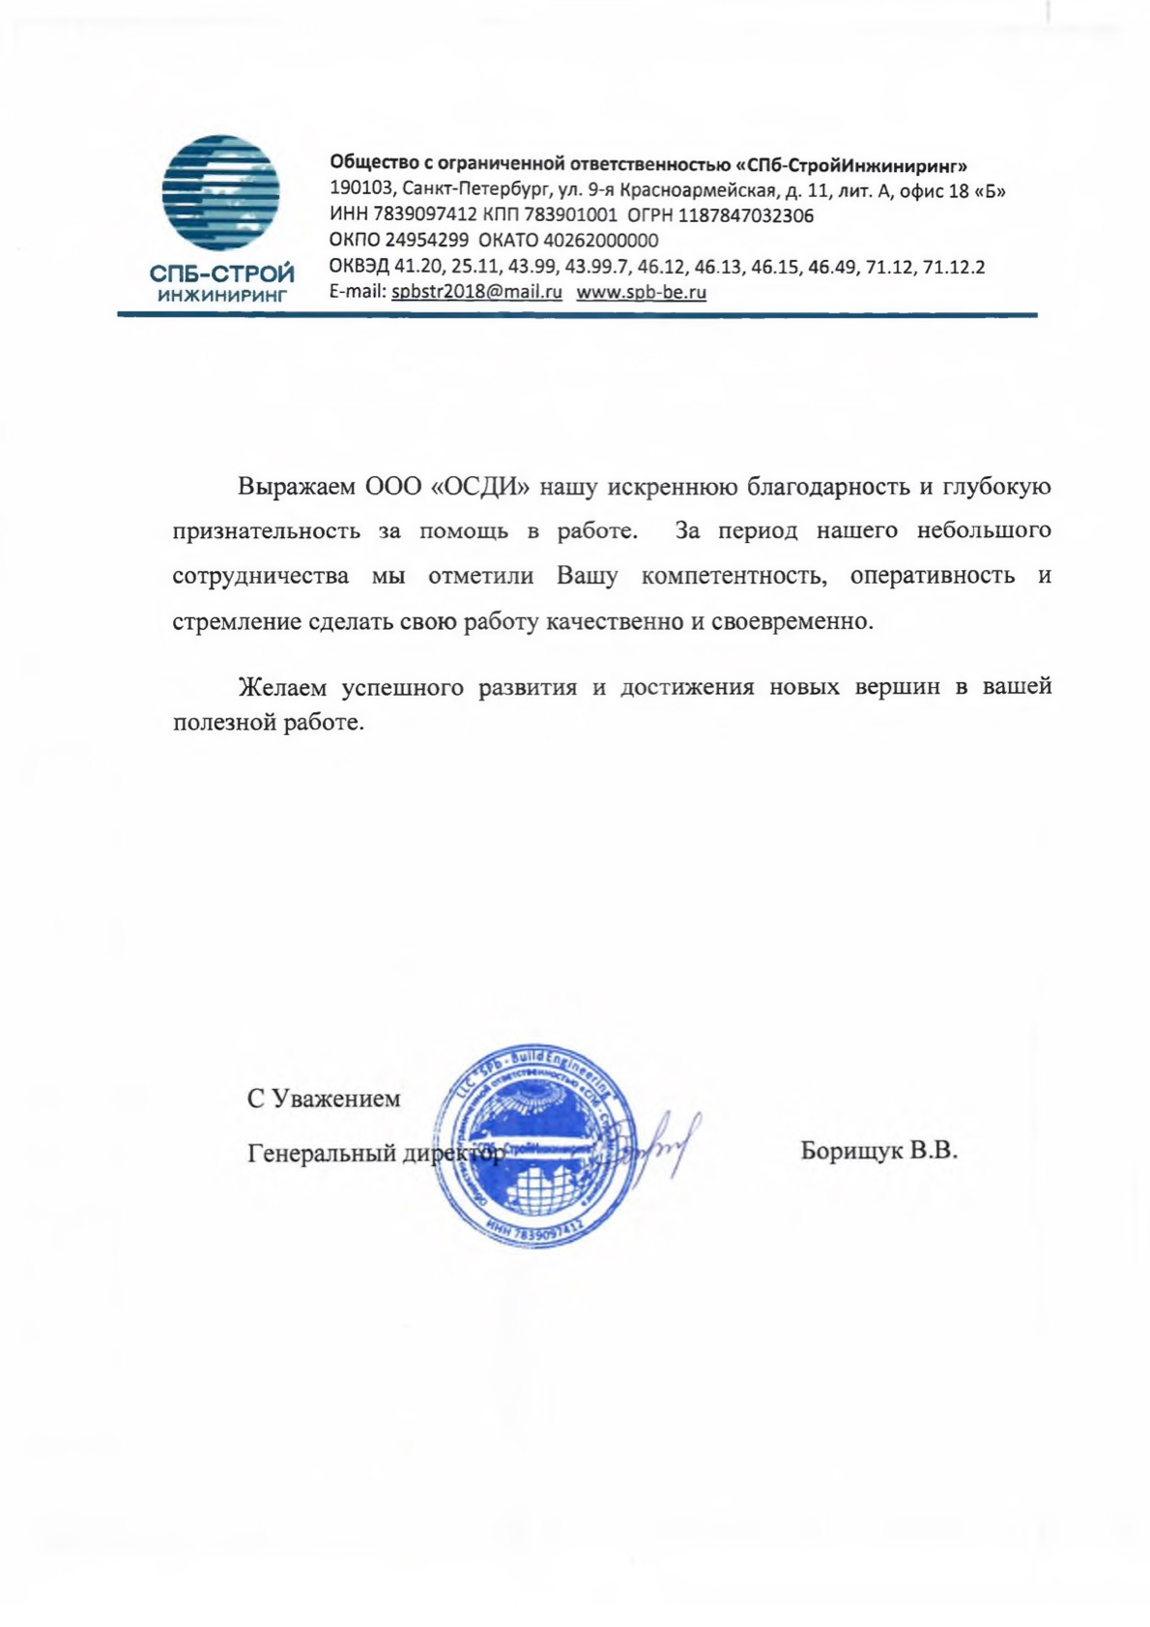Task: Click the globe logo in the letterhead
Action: point(220,193)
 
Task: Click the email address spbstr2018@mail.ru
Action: point(476,293)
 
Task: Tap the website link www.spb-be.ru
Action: point(641,293)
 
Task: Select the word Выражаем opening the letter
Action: point(297,486)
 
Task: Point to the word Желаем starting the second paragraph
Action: point(284,688)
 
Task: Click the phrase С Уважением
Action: point(324,1099)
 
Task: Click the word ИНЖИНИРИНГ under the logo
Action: point(222,296)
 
